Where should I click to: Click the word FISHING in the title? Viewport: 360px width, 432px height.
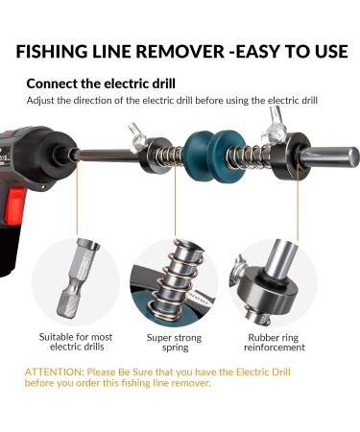click(x=62, y=52)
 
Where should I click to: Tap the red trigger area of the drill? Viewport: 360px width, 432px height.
click(x=14, y=206)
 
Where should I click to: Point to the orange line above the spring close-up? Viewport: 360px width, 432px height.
click(x=176, y=206)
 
